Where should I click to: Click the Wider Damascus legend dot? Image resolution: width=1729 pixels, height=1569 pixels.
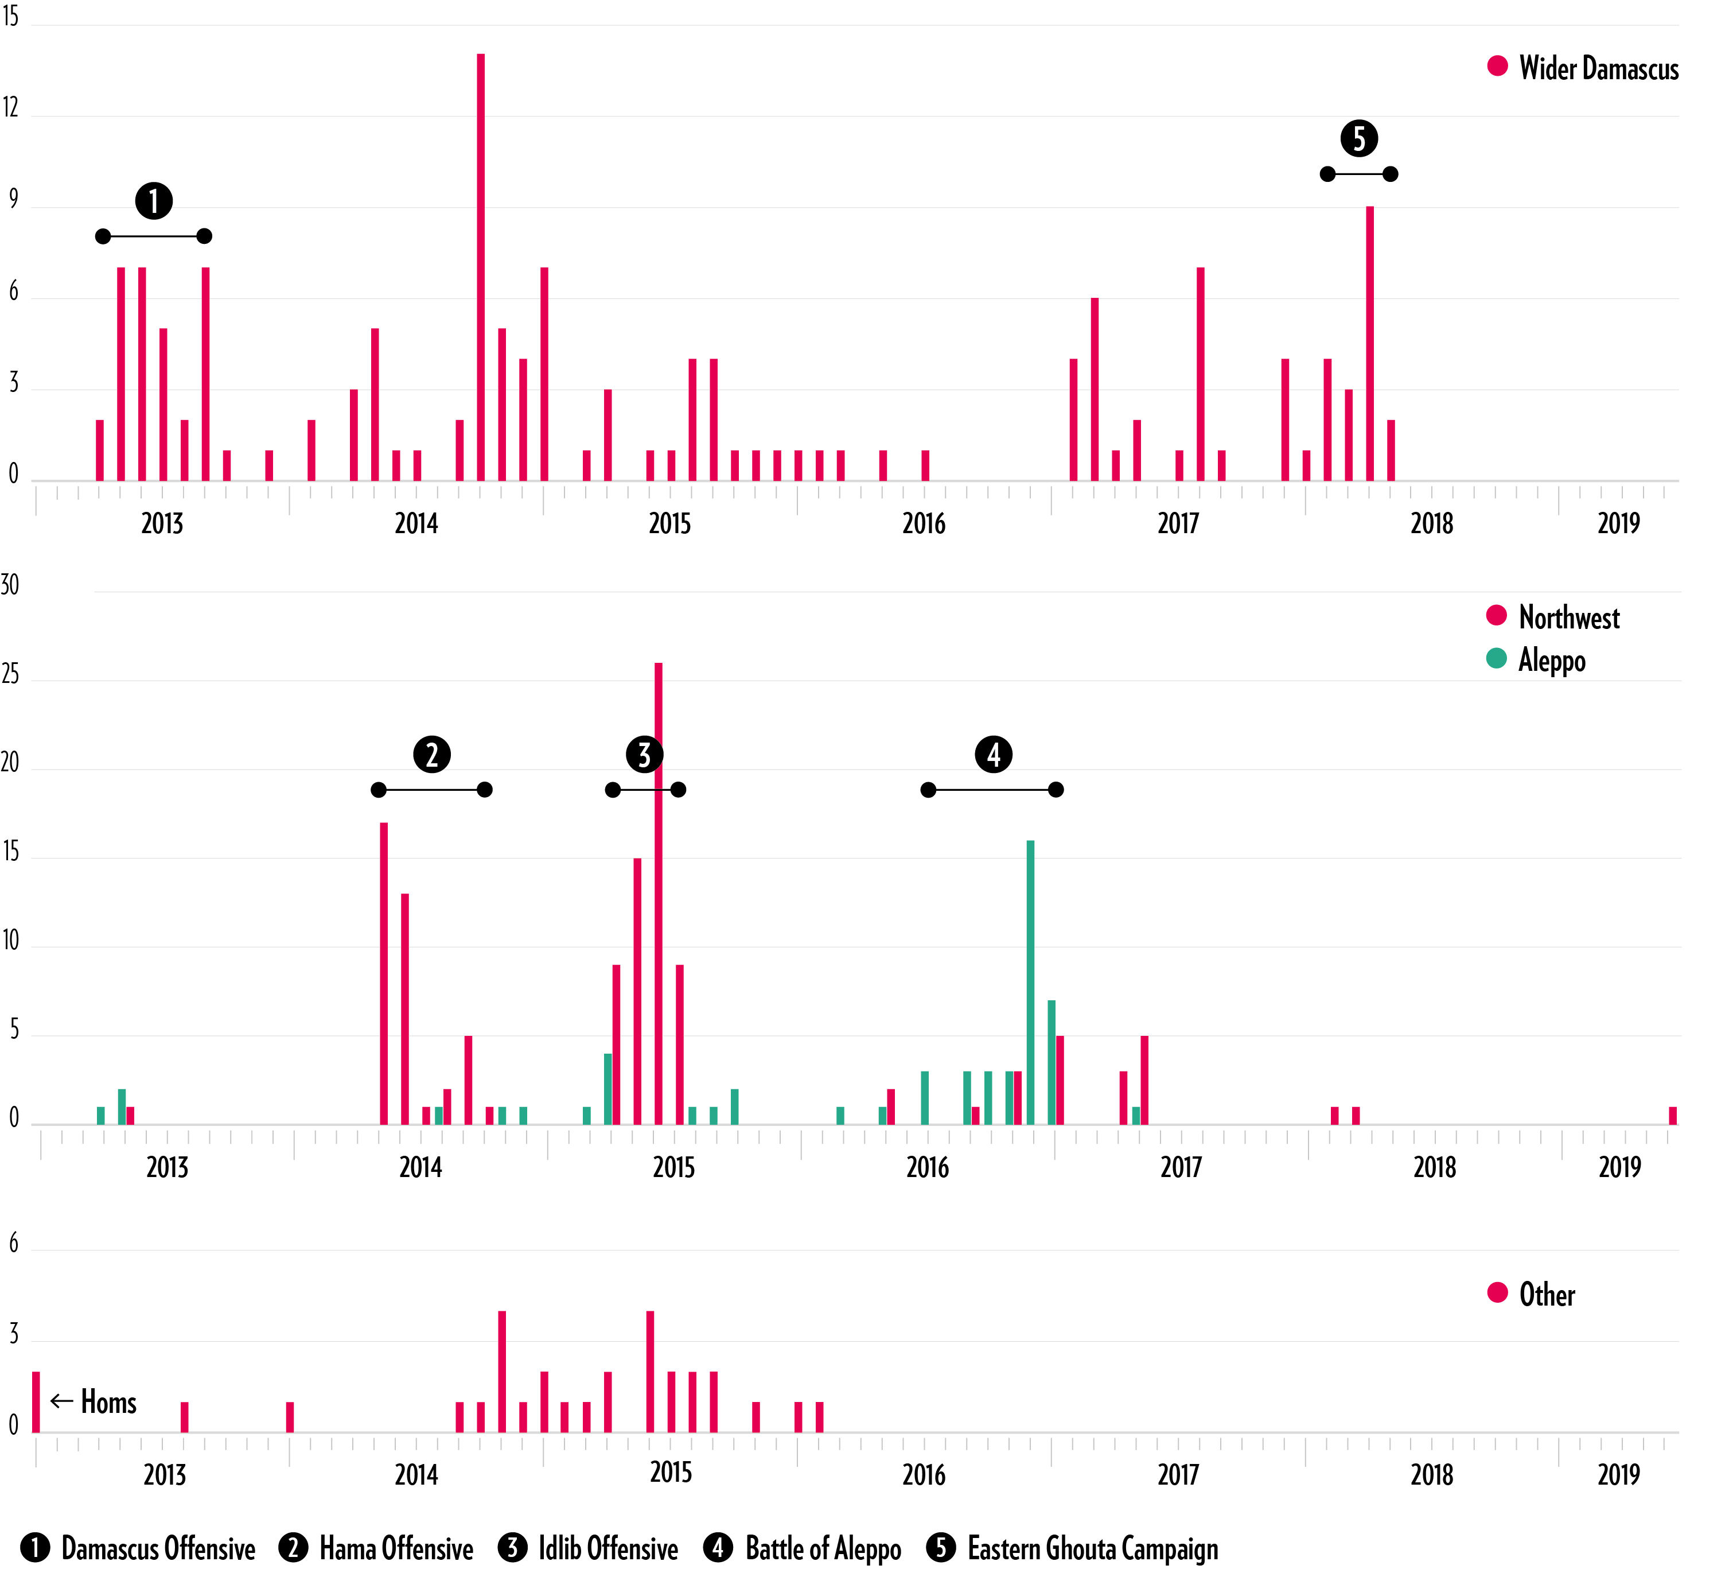1497,67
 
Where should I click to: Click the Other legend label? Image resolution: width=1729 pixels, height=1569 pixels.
1547,1295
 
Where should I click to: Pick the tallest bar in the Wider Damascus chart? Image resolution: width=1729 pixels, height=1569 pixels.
480,266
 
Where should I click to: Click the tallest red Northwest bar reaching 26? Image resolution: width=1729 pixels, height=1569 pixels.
659,892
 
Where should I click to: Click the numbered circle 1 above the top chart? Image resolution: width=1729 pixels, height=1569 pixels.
154,201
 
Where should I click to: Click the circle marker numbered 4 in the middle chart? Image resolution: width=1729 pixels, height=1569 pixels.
993,754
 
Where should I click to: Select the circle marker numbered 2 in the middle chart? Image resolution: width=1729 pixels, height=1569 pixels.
431,754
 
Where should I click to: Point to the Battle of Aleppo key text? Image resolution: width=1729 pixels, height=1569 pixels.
823,1548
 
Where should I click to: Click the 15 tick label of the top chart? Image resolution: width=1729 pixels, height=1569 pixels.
10,16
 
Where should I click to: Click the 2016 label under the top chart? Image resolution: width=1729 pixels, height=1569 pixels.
924,523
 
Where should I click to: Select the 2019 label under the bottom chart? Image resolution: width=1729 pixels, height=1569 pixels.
1618,1475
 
